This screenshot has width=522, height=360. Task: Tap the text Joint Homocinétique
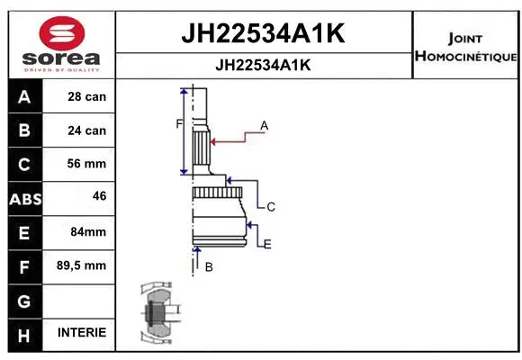click(x=464, y=48)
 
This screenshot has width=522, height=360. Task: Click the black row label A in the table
click(x=23, y=97)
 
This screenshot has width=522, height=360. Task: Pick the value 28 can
click(x=87, y=97)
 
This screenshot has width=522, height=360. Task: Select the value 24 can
click(x=87, y=130)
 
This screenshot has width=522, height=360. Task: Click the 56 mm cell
click(x=87, y=164)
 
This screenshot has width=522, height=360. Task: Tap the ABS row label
click(x=23, y=198)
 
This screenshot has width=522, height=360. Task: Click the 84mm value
click(x=87, y=231)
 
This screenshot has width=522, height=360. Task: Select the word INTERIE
click(x=82, y=332)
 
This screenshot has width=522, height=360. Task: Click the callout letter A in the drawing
click(x=265, y=125)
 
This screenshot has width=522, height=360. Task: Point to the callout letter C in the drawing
click(x=270, y=207)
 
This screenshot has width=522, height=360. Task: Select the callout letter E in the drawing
click(x=267, y=243)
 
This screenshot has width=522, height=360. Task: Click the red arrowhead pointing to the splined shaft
click(x=212, y=140)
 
